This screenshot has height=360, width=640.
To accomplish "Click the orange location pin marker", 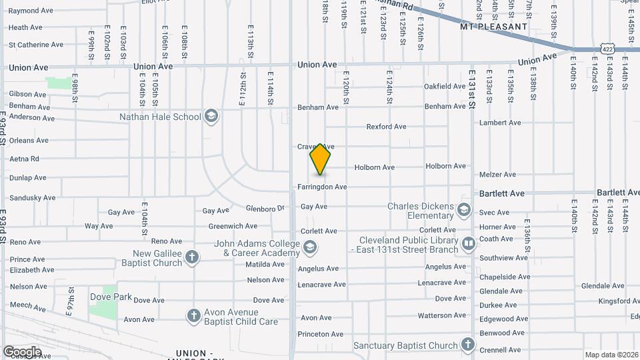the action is point(321,159).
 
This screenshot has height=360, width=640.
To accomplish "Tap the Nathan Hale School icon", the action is point(211,117).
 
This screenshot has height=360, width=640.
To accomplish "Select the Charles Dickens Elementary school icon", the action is point(464,211).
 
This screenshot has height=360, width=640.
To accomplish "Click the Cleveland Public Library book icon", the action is point(468,243).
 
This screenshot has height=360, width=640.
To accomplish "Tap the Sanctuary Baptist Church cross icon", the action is point(468,345).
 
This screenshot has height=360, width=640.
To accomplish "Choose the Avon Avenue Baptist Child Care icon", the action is point(194,316).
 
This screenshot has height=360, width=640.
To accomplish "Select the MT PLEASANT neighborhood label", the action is point(494,27).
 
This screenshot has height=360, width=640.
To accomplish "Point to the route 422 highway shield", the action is point(606,49).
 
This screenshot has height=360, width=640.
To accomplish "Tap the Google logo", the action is point(22,351).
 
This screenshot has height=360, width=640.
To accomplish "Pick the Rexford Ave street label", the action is point(386,127).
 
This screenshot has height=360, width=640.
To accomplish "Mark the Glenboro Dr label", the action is point(265,208).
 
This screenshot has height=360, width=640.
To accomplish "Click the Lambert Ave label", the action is point(500,123).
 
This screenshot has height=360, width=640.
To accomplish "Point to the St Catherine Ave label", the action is point(36,45).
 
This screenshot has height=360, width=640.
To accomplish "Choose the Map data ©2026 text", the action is point(611,355).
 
